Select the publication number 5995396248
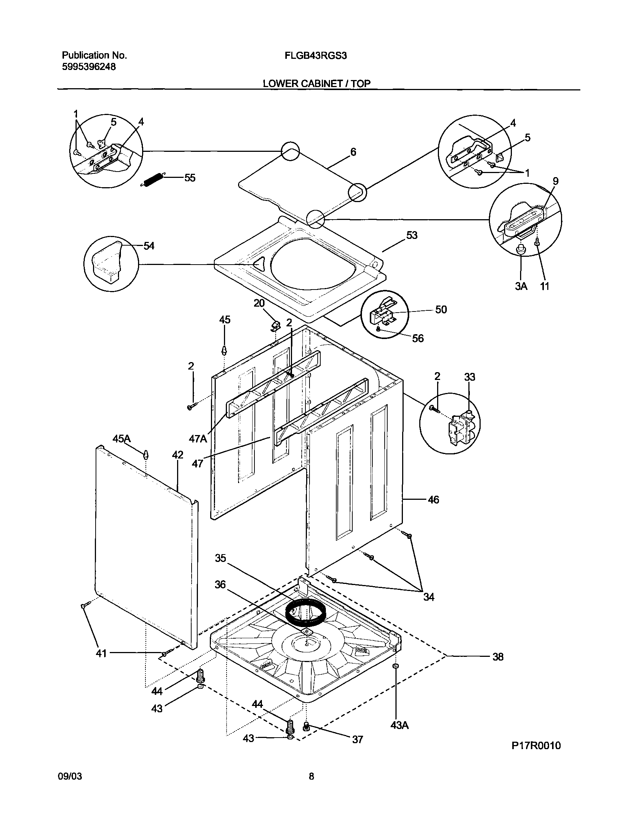89,67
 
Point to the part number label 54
149,246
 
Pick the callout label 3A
521,286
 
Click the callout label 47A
198,438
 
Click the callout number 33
469,377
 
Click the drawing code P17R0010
536,746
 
